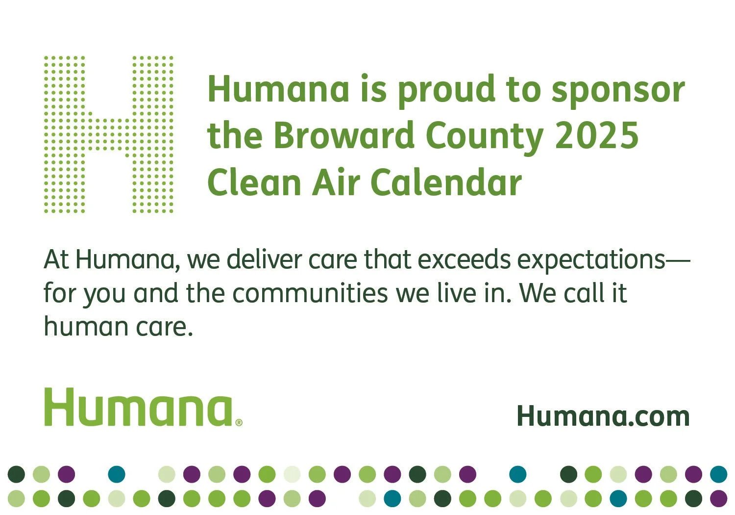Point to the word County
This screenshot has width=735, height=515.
484,138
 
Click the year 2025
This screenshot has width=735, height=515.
596,135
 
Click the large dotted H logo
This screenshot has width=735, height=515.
109,134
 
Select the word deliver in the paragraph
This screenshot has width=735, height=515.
264,259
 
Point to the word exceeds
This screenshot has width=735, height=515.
464,259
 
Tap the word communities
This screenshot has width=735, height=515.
310,293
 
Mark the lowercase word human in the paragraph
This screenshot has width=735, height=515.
86,326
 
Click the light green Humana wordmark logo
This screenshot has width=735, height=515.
139,407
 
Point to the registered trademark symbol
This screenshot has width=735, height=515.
239,423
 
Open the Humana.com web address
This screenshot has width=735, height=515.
603,416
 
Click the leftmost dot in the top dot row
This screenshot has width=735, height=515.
16,474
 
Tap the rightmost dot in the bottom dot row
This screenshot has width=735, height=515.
719,499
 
